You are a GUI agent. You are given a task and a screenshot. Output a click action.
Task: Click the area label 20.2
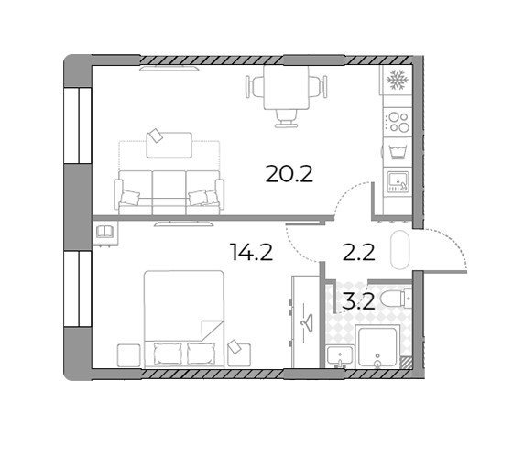coord(289,174)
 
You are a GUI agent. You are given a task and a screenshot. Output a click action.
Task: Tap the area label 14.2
coord(251,252)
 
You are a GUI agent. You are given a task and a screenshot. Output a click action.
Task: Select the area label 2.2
coord(358,253)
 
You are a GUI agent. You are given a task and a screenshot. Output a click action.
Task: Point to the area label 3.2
coord(358,302)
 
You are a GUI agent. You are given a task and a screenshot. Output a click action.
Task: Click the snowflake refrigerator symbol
coord(398,80)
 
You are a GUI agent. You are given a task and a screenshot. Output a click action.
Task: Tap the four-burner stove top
coord(398,122)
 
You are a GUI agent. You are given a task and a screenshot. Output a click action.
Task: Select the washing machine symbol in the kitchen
coord(398,152)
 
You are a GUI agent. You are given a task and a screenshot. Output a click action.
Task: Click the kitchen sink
coord(398,182)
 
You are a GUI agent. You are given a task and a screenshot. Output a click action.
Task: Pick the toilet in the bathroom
coord(396,298)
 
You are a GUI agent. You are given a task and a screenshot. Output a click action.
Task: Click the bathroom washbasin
coord(340,356)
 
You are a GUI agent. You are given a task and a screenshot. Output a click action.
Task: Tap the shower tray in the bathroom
coord(377,347)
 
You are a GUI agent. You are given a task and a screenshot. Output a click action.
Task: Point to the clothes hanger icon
coord(307,321)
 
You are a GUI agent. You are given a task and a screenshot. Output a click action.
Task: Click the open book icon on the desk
coord(104,232)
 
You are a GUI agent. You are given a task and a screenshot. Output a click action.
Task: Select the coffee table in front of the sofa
coord(169,146)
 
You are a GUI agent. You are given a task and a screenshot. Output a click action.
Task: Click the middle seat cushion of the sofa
coord(169,192)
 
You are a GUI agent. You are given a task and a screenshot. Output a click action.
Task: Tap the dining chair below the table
coord(286,118)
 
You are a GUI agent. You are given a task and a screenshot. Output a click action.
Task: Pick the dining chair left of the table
coord(255,86)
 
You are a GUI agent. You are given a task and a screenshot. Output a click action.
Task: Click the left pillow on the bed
coord(168,354)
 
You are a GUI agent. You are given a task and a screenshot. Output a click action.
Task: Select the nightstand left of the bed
coord(129,356)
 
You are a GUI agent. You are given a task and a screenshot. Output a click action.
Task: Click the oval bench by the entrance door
coord(400,250)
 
